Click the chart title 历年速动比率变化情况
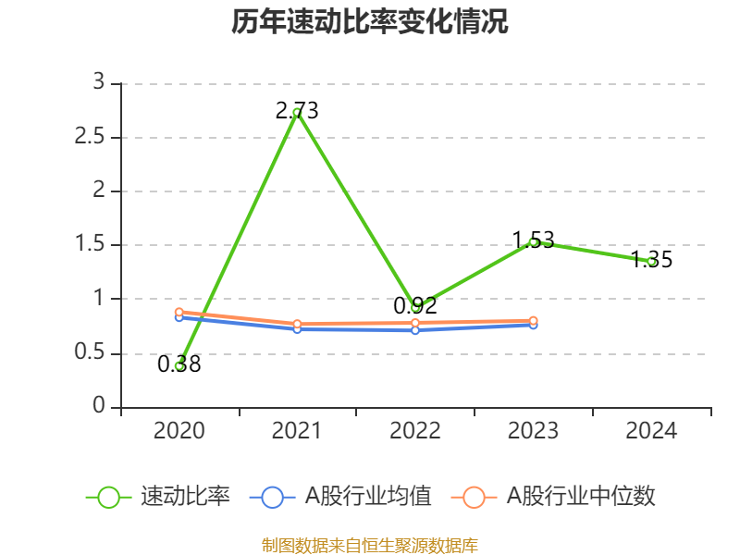click(369, 21)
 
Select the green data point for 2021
click(297, 113)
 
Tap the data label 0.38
click(179, 364)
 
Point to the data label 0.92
click(415, 306)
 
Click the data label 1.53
click(534, 240)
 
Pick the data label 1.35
click(651, 260)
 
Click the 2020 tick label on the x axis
click(179, 431)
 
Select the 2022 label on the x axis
click(415, 431)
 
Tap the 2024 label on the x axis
click(651, 431)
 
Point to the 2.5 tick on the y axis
click(90, 137)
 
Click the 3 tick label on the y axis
click(98, 82)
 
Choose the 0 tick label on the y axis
click(99, 405)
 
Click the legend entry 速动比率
click(158, 497)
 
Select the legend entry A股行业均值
click(340, 497)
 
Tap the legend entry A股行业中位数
click(553, 497)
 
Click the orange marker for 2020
click(179, 313)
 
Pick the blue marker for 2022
click(415, 330)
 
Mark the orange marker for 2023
click(534, 321)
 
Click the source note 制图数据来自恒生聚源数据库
click(370, 546)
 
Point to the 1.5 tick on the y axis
click(90, 244)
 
